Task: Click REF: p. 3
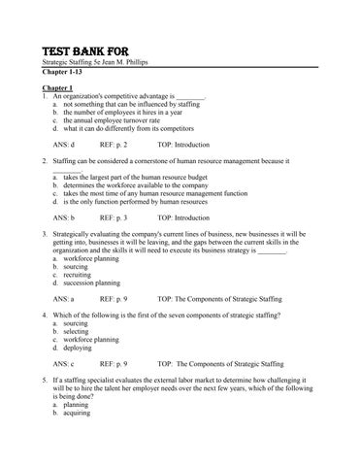114,218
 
